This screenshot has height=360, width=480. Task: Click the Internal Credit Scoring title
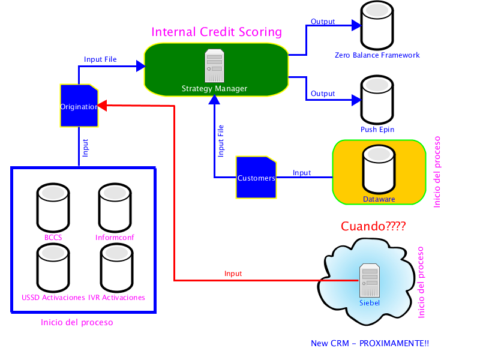217,32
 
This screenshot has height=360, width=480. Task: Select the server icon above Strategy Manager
215,65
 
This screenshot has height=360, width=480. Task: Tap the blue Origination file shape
79,106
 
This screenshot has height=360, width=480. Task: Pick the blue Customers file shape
256,177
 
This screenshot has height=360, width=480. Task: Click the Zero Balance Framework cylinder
377,25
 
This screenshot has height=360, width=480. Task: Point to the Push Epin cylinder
377,100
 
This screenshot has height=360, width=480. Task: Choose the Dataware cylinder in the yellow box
379,169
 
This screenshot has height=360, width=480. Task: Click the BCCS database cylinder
53,208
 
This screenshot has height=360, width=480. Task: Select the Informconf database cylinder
115,208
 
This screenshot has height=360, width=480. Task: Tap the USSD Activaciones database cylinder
53,268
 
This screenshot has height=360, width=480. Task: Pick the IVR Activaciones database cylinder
116,268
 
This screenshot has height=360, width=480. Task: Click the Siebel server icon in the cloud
370,280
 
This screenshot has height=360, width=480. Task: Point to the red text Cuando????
373,226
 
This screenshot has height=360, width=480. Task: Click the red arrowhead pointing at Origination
102,106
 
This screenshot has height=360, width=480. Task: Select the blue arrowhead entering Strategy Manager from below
214,100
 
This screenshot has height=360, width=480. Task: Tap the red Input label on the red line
233,274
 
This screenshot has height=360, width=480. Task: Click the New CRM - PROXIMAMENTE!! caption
370,343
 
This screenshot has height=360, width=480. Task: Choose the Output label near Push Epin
323,94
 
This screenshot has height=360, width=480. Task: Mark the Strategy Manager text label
214,88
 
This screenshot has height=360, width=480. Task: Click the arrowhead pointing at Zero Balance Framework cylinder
356,25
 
